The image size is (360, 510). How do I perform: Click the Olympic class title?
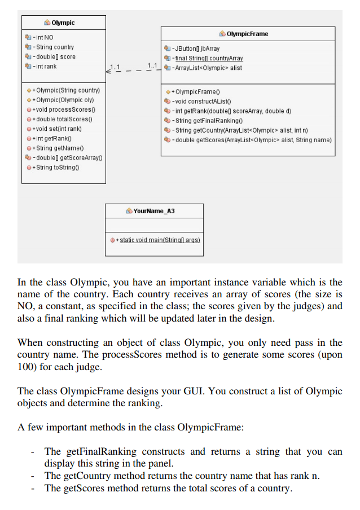coord(63,23)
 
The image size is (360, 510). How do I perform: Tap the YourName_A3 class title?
coord(154,211)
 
